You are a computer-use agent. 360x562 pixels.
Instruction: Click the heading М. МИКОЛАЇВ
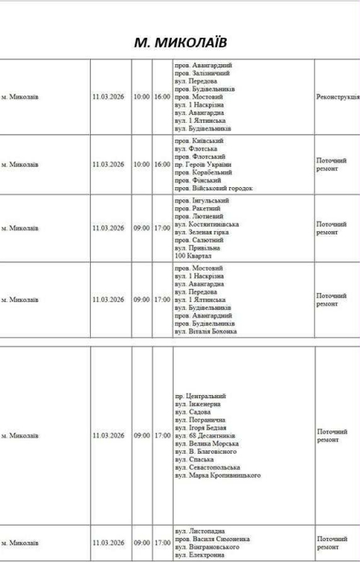click(x=179, y=41)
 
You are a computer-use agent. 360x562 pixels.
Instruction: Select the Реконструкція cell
click(x=337, y=96)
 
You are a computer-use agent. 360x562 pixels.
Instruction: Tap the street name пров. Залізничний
click(x=201, y=72)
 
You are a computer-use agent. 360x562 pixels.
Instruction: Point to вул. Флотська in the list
click(x=195, y=148)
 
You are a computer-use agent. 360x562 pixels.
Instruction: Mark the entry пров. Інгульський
click(x=201, y=200)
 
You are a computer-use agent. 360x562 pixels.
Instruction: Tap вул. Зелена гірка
click(x=201, y=232)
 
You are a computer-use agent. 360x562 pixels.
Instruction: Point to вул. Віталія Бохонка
click(x=206, y=331)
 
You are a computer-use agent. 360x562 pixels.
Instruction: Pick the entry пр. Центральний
click(x=200, y=396)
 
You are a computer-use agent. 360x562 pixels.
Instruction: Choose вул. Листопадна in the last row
click(x=200, y=531)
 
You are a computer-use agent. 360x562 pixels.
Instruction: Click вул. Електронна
click(x=199, y=556)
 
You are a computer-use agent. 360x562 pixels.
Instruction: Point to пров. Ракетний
click(x=197, y=208)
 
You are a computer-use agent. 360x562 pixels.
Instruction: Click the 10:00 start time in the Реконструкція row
click(x=141, y=96)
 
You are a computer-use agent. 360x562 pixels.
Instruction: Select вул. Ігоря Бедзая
click(x=201, y=428)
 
